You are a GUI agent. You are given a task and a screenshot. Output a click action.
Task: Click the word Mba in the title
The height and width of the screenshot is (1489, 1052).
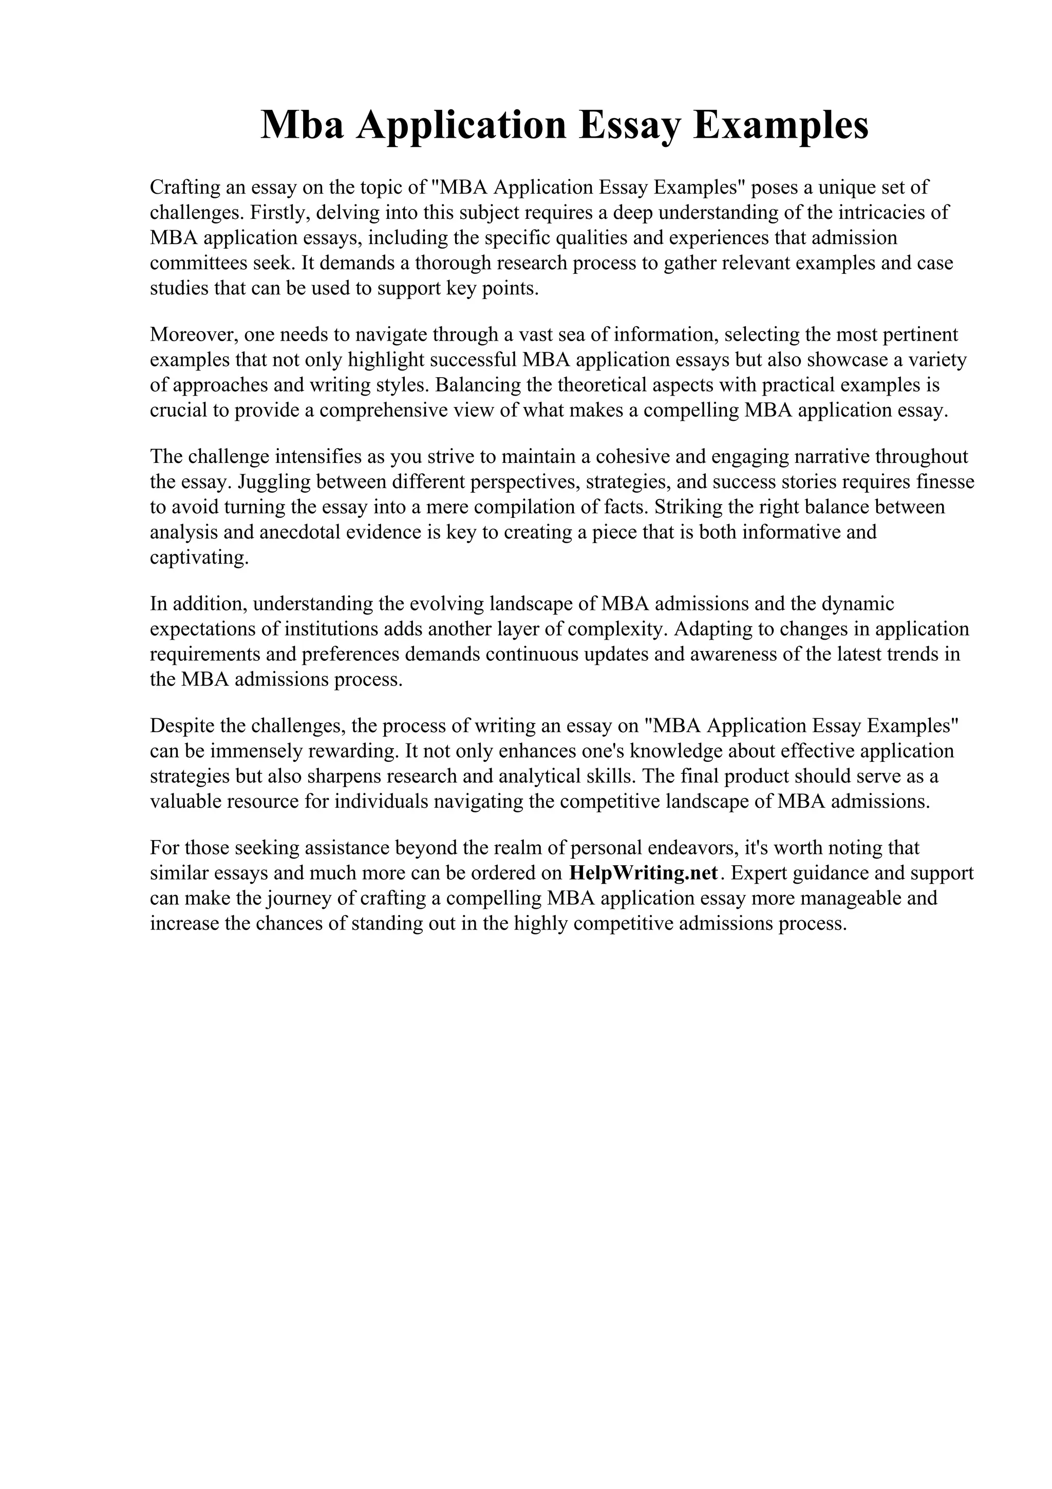click(x=302, y=125)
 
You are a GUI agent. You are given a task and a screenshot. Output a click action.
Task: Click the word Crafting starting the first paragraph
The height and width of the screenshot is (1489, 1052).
click(x=185, y=188)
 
